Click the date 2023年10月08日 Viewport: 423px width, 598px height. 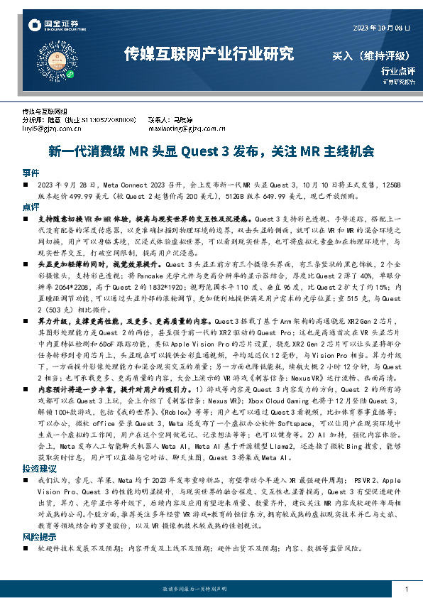pyautogui.click(x=381, y=27)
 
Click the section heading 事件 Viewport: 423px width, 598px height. pyautogui.click(x=31, y=173)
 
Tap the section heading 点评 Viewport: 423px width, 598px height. pyautogui.click(x=31, y=207)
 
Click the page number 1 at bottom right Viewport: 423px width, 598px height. pyautogui.click(x=405, y=589)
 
